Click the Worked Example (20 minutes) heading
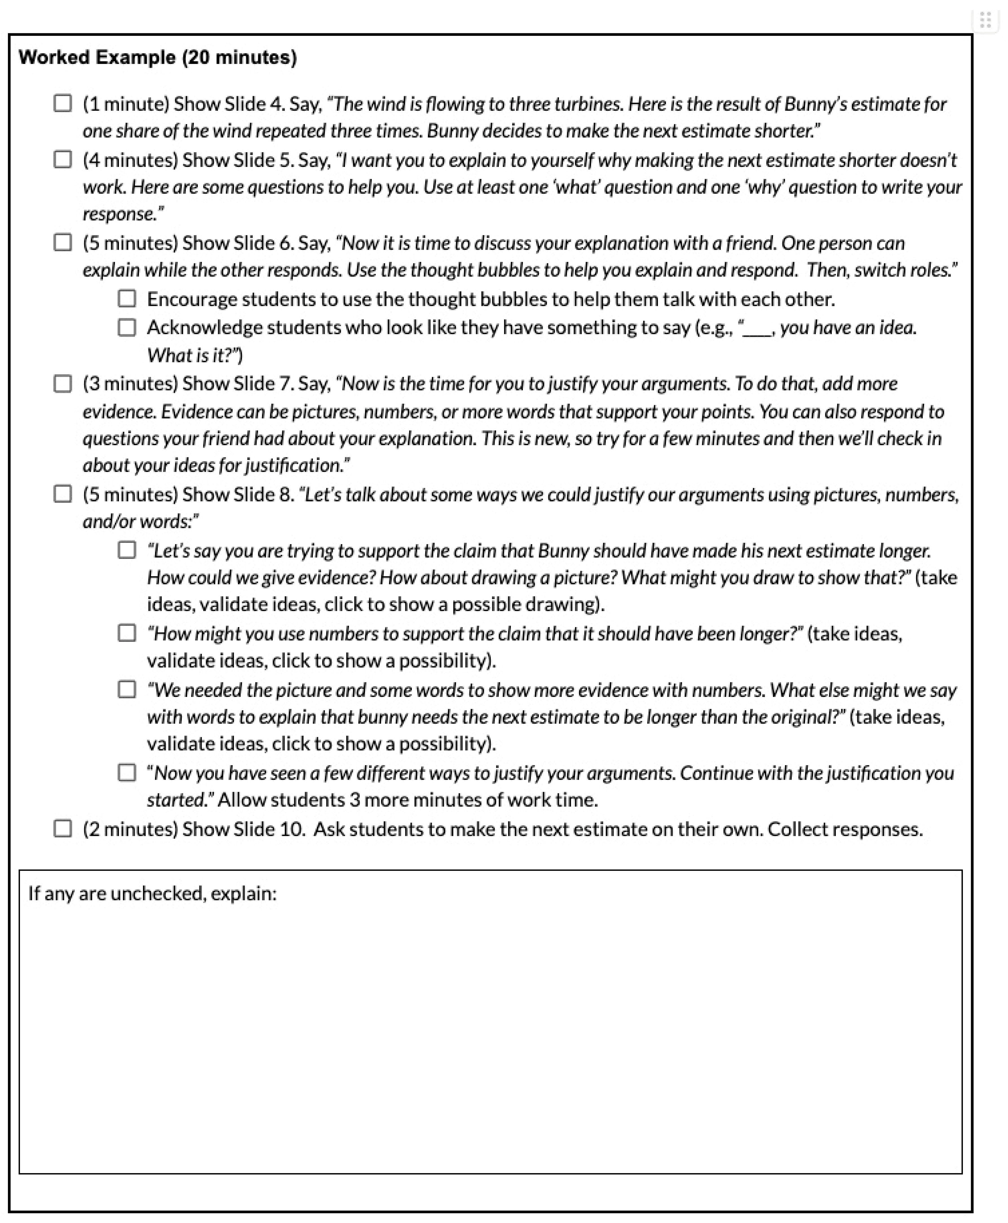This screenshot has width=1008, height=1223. coord(157,58)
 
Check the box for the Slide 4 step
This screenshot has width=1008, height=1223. coord(63,103)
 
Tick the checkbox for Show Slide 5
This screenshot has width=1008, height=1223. coord(63,160)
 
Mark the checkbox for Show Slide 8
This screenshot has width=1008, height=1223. coord(63,494)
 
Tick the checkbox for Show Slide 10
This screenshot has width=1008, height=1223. coord(63,829)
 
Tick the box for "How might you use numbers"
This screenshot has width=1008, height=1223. coord(127,633)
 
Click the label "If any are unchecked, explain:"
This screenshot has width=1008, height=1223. coord(152,893)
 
